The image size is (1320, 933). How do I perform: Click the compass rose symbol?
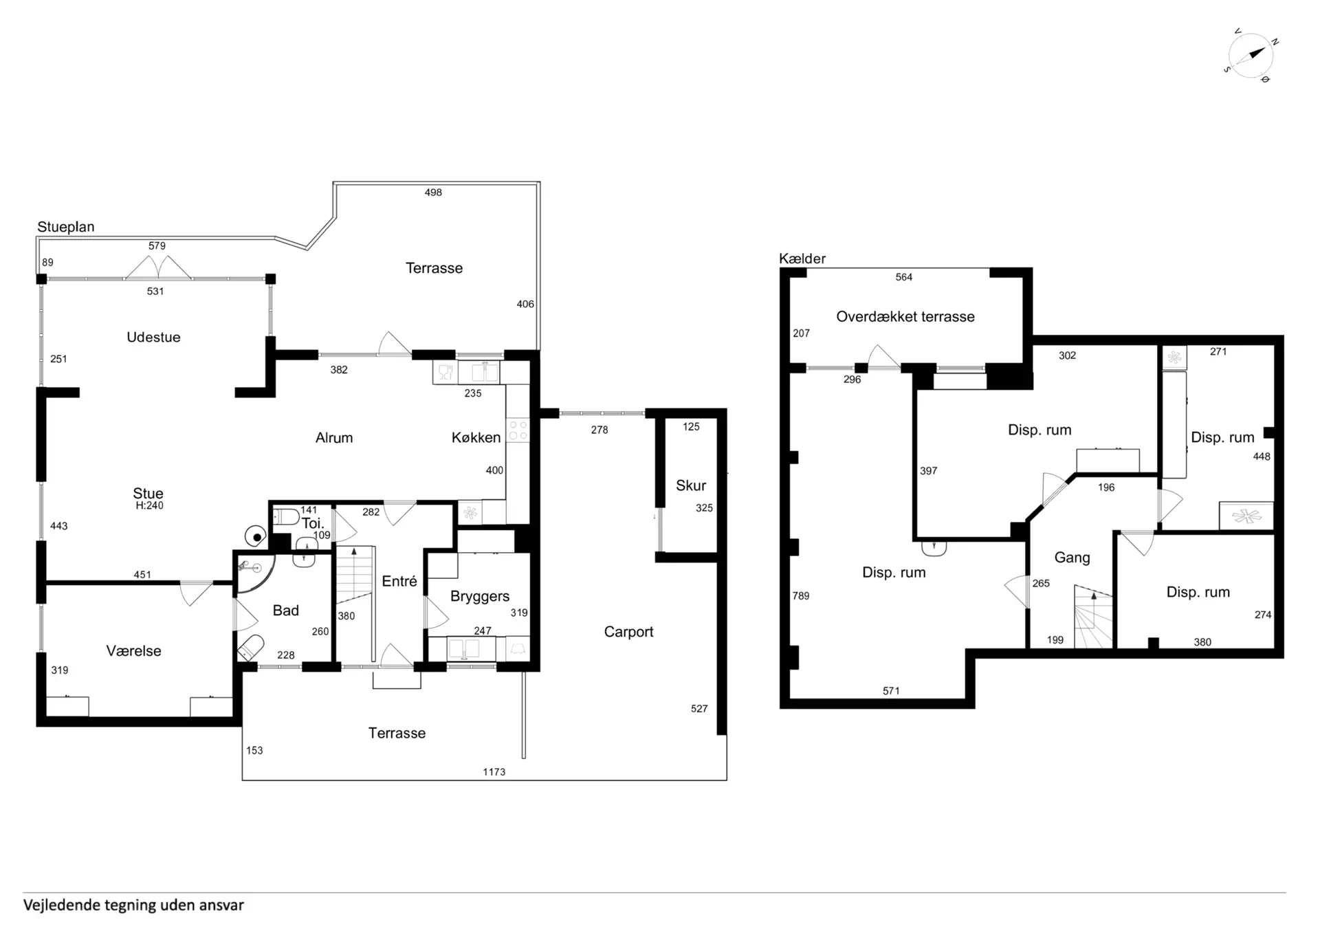[1251, 55]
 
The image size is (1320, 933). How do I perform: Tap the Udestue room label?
[153, 337]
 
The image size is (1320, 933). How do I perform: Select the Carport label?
[628, 632]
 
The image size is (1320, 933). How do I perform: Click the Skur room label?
[690, 485]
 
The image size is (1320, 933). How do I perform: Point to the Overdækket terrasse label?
[905, 316]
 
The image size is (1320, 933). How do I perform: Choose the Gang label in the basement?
[1072, 558]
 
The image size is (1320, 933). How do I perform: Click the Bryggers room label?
[480, 596]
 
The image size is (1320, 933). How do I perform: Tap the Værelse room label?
[133, 651]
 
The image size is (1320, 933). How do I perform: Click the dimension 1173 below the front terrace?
[494, 772]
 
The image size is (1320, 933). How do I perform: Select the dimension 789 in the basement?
[801, 596]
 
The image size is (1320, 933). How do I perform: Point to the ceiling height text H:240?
[149, 505]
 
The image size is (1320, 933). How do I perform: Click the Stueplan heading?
[66, 227]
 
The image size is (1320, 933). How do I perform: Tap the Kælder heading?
[802, 259]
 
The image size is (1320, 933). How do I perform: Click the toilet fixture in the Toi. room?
[286, 516]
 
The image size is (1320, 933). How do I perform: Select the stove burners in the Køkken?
[518, 431]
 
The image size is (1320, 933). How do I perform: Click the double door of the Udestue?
[158, 267]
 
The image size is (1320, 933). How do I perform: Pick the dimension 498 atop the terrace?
[433, 193]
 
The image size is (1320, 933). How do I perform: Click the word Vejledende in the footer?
[61, 905]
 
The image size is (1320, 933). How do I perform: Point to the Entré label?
[399, 581]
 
